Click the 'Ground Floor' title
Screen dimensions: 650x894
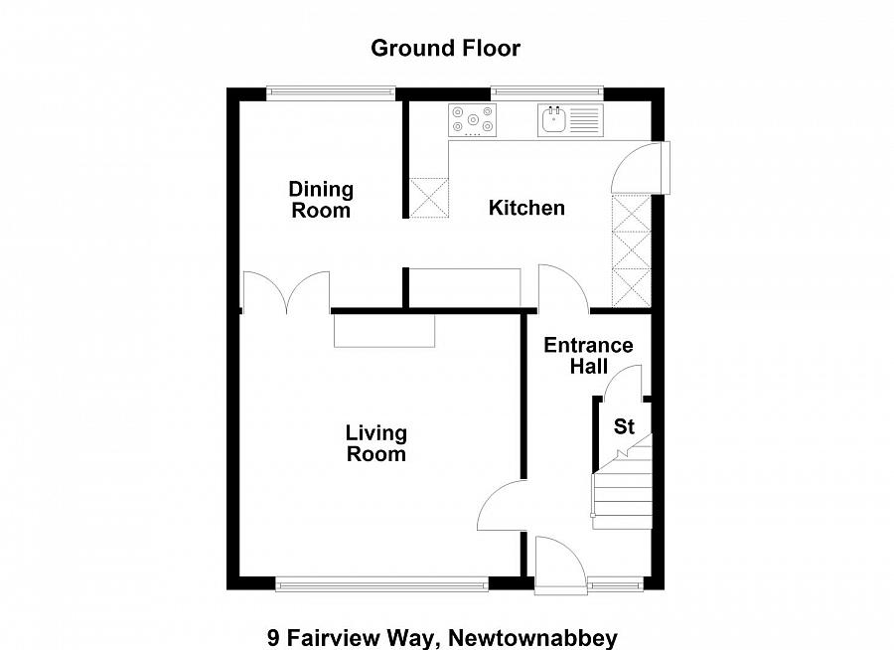445,48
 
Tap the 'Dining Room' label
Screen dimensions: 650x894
321,200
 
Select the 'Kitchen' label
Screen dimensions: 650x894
526,208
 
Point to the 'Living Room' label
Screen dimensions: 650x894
376,443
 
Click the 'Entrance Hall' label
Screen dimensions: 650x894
588,356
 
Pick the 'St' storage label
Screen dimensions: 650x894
624,427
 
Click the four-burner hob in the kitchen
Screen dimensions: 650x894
473,120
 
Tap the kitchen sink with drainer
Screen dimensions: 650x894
569,120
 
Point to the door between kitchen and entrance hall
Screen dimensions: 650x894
562,289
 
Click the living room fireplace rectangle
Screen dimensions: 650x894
383,330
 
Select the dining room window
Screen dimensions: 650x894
331,93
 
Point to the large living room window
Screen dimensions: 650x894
381,584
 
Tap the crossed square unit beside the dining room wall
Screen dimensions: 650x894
429,197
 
